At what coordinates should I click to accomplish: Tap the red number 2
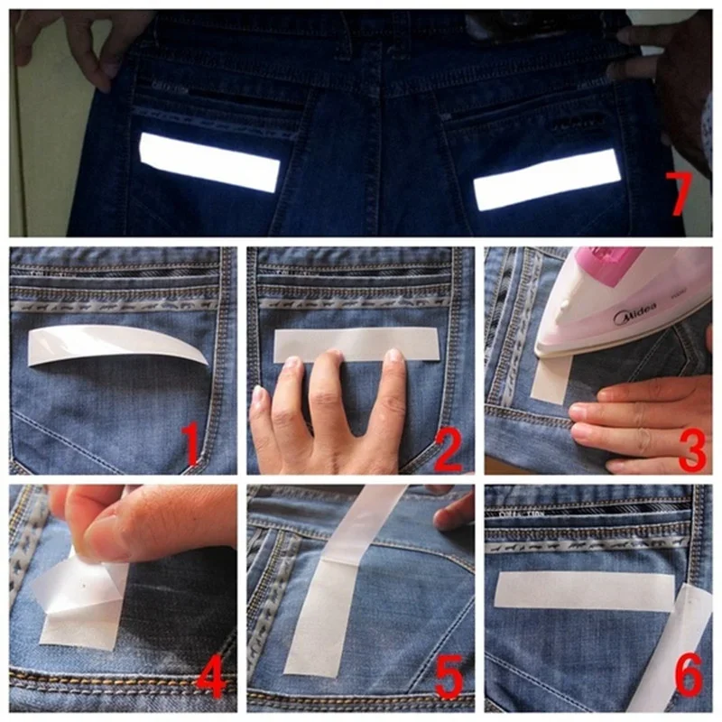448,449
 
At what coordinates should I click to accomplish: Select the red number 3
692,449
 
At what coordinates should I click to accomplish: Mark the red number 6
690,676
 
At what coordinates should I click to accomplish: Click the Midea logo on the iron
634,313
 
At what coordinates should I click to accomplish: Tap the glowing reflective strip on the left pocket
209,162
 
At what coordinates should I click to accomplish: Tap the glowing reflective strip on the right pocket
548,179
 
